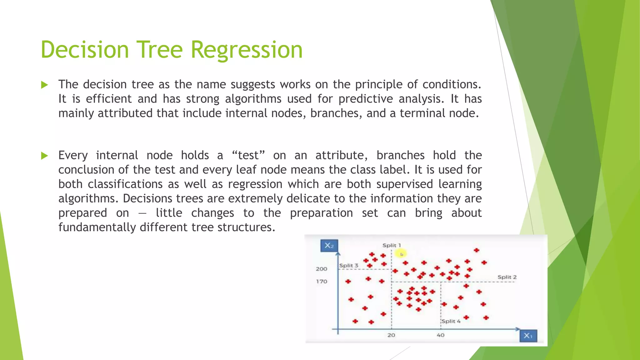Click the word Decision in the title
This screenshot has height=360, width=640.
click(85, 50)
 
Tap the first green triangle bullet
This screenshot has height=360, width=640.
click(44, 85)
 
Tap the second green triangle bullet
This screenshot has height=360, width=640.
click(44, 156)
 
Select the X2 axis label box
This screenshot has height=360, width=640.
click(329, 246)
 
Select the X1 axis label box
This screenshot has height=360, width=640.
click(528, 336)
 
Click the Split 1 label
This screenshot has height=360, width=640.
click(391, 245)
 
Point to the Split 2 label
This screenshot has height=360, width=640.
click(507, 277)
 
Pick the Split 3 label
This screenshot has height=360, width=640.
click(348, 265)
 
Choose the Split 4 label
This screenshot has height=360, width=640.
click(451, 321)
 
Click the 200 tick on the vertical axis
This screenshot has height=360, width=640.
click(321, 269)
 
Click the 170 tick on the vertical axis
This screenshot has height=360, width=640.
click(321, 281)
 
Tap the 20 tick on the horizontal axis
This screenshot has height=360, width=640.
click(391, 335)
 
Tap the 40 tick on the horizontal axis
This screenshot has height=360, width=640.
click(440, 335)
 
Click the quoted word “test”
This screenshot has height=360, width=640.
click(248, 155)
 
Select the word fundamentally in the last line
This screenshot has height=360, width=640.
click(97, 227)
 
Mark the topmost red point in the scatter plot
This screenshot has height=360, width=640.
click(476, 250)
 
